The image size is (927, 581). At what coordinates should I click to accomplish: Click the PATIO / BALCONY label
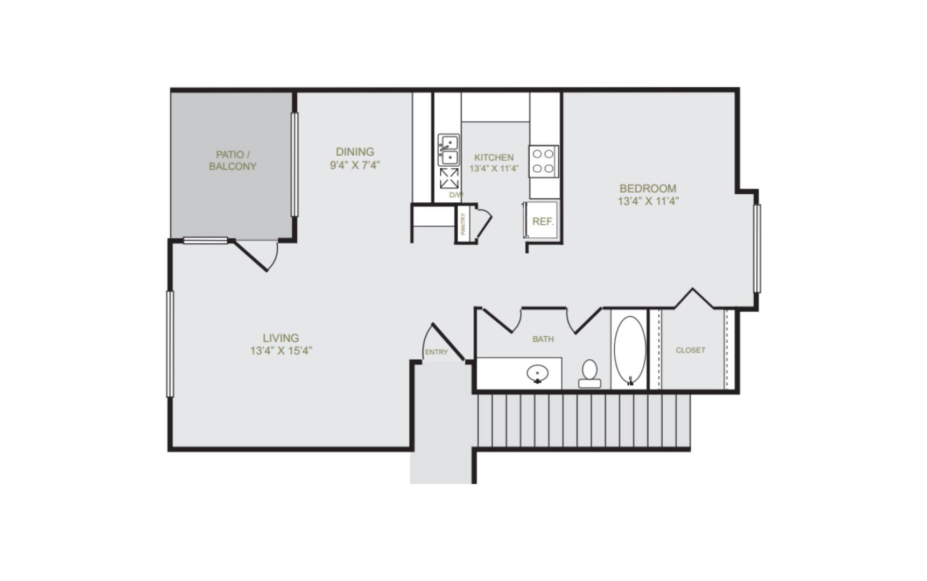(233, 161)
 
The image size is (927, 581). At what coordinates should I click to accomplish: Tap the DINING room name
(355, 152)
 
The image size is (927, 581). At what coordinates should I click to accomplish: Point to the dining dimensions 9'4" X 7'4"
(355, 165)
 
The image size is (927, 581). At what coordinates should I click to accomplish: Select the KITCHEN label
(494, 157)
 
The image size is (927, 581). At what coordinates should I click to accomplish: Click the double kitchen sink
(448, 150)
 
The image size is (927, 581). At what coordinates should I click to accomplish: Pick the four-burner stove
(543, 161)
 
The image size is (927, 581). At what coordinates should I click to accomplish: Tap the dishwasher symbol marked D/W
(450, 179)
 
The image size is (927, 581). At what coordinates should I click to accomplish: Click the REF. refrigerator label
(543, 221)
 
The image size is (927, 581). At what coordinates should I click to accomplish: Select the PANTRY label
(463, 224)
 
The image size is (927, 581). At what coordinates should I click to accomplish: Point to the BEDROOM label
(648, 188)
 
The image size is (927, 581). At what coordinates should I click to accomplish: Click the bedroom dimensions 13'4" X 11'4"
(648, 201)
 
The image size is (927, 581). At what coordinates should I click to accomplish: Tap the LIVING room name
(280, 338)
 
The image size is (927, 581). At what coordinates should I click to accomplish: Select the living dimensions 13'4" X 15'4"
(281, 351)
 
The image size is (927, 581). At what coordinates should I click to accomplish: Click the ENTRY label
(436, 352)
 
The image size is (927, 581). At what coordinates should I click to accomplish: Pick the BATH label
(543, 339)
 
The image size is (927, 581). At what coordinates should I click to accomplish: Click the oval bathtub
(630, 351)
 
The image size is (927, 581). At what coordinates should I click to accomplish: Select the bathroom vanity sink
(537, 373)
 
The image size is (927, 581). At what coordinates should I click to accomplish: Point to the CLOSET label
(690, 350)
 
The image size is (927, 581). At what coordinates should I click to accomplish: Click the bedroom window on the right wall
(757, 249)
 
